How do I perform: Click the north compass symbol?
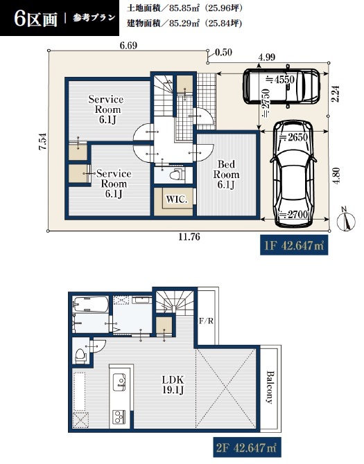[346, 220]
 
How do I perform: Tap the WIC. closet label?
[177, 199]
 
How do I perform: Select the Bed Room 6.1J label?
[226, 175]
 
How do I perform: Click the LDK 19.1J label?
[173, 384]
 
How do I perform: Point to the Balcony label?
[269, 387]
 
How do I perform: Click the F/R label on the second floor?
[206, 321]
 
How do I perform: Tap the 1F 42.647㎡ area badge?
[294, 245]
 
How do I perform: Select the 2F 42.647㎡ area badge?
[247, 447]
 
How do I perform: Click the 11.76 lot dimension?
[189, 237]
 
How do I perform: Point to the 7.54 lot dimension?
[43, 141]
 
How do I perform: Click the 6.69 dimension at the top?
[128, 46]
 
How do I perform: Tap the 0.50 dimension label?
[224, 53]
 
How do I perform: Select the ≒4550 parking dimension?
[281, 80]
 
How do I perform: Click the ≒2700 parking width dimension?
[295, 214]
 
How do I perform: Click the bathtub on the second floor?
[90, 304]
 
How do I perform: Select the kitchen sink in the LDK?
[119, 382]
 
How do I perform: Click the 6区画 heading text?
[35, 19]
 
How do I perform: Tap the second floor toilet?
[80, 355]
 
